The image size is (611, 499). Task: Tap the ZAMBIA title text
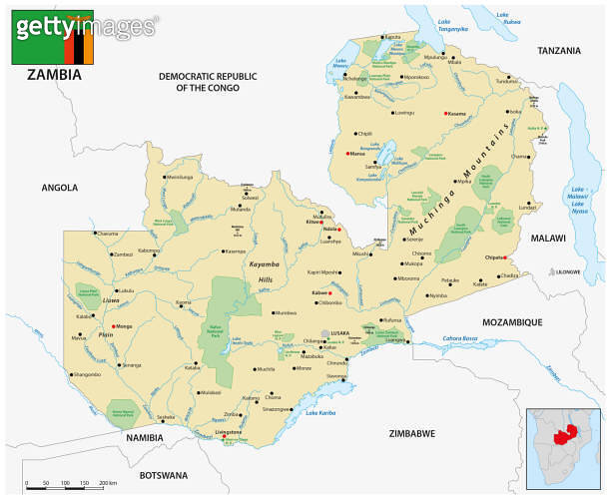click(x=54, y=75)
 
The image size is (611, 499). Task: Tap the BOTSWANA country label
click(x=151, y=475)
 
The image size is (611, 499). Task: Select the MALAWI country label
click(x=547, y=239)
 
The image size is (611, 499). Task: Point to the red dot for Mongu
click(x=115, y=326)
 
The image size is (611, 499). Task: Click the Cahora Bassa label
click(x=460, y=338)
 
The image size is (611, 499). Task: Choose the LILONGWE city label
click(x=568, y=270)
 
